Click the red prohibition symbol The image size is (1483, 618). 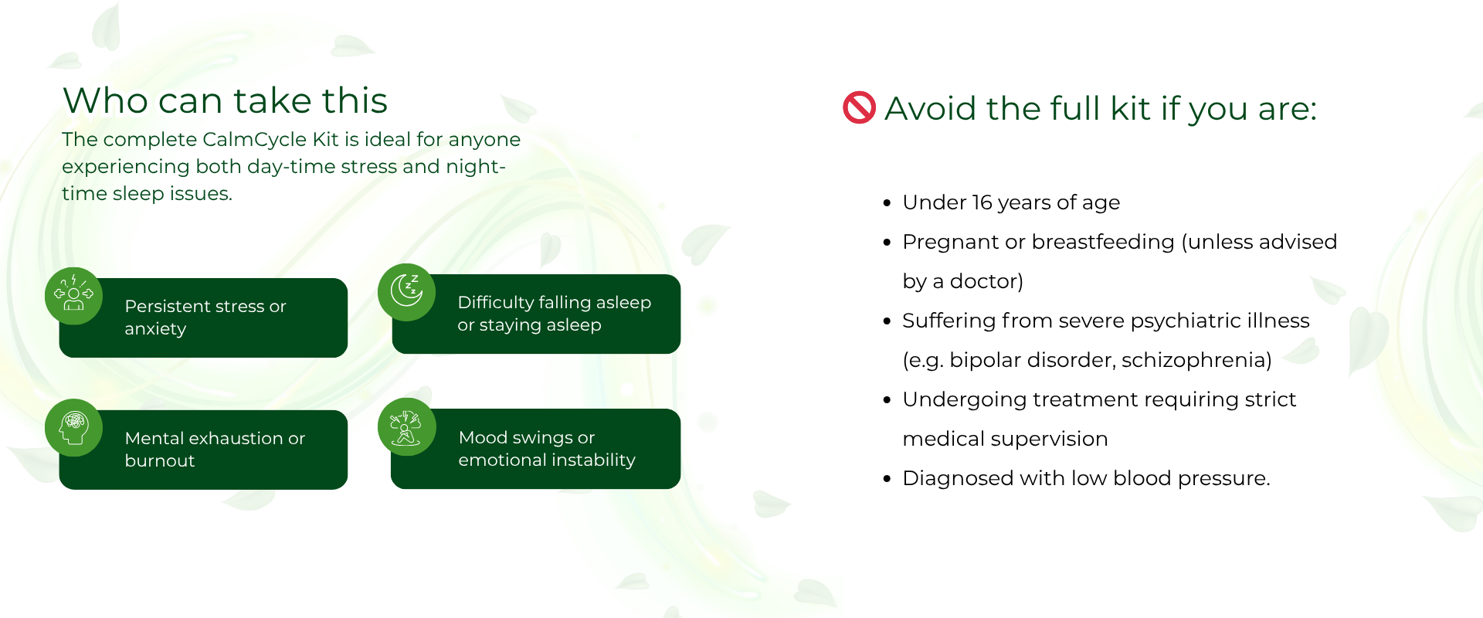pos(859,107)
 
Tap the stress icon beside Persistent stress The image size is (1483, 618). pos(73,296)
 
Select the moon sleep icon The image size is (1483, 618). pos(406,292)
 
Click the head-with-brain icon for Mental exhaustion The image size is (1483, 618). pos(73,428)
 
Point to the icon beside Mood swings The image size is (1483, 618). pos(406,427)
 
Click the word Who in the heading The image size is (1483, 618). pos(106,100)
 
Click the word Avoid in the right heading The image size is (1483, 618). pos(927,108)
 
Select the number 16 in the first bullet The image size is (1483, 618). pos(982,202)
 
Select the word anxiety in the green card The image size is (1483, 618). pos(155,329)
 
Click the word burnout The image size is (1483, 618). pos(160,460)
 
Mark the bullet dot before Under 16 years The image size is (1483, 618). pos(887,203)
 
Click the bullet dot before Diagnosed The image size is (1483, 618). pos(887,479)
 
